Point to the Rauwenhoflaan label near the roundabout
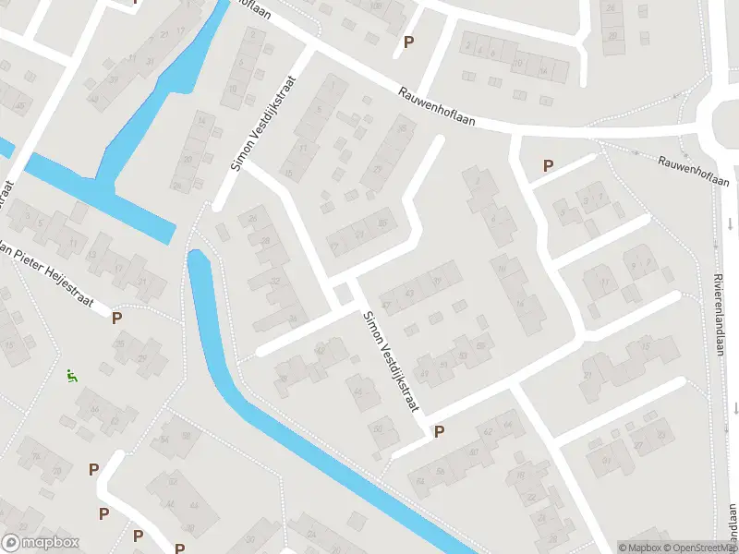click(694, 170)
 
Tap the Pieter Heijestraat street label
click(55, 273)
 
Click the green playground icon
click(71, 376)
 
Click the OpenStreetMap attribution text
click(701, 548)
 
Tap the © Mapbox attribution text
click(639, 548)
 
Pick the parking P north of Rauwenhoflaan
click(408, 42)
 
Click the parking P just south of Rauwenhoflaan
click(548, 166)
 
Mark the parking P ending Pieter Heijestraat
click(116, 319)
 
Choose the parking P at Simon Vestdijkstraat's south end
click(439, 431)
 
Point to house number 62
click(488, 431)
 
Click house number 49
click(424, 374)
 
